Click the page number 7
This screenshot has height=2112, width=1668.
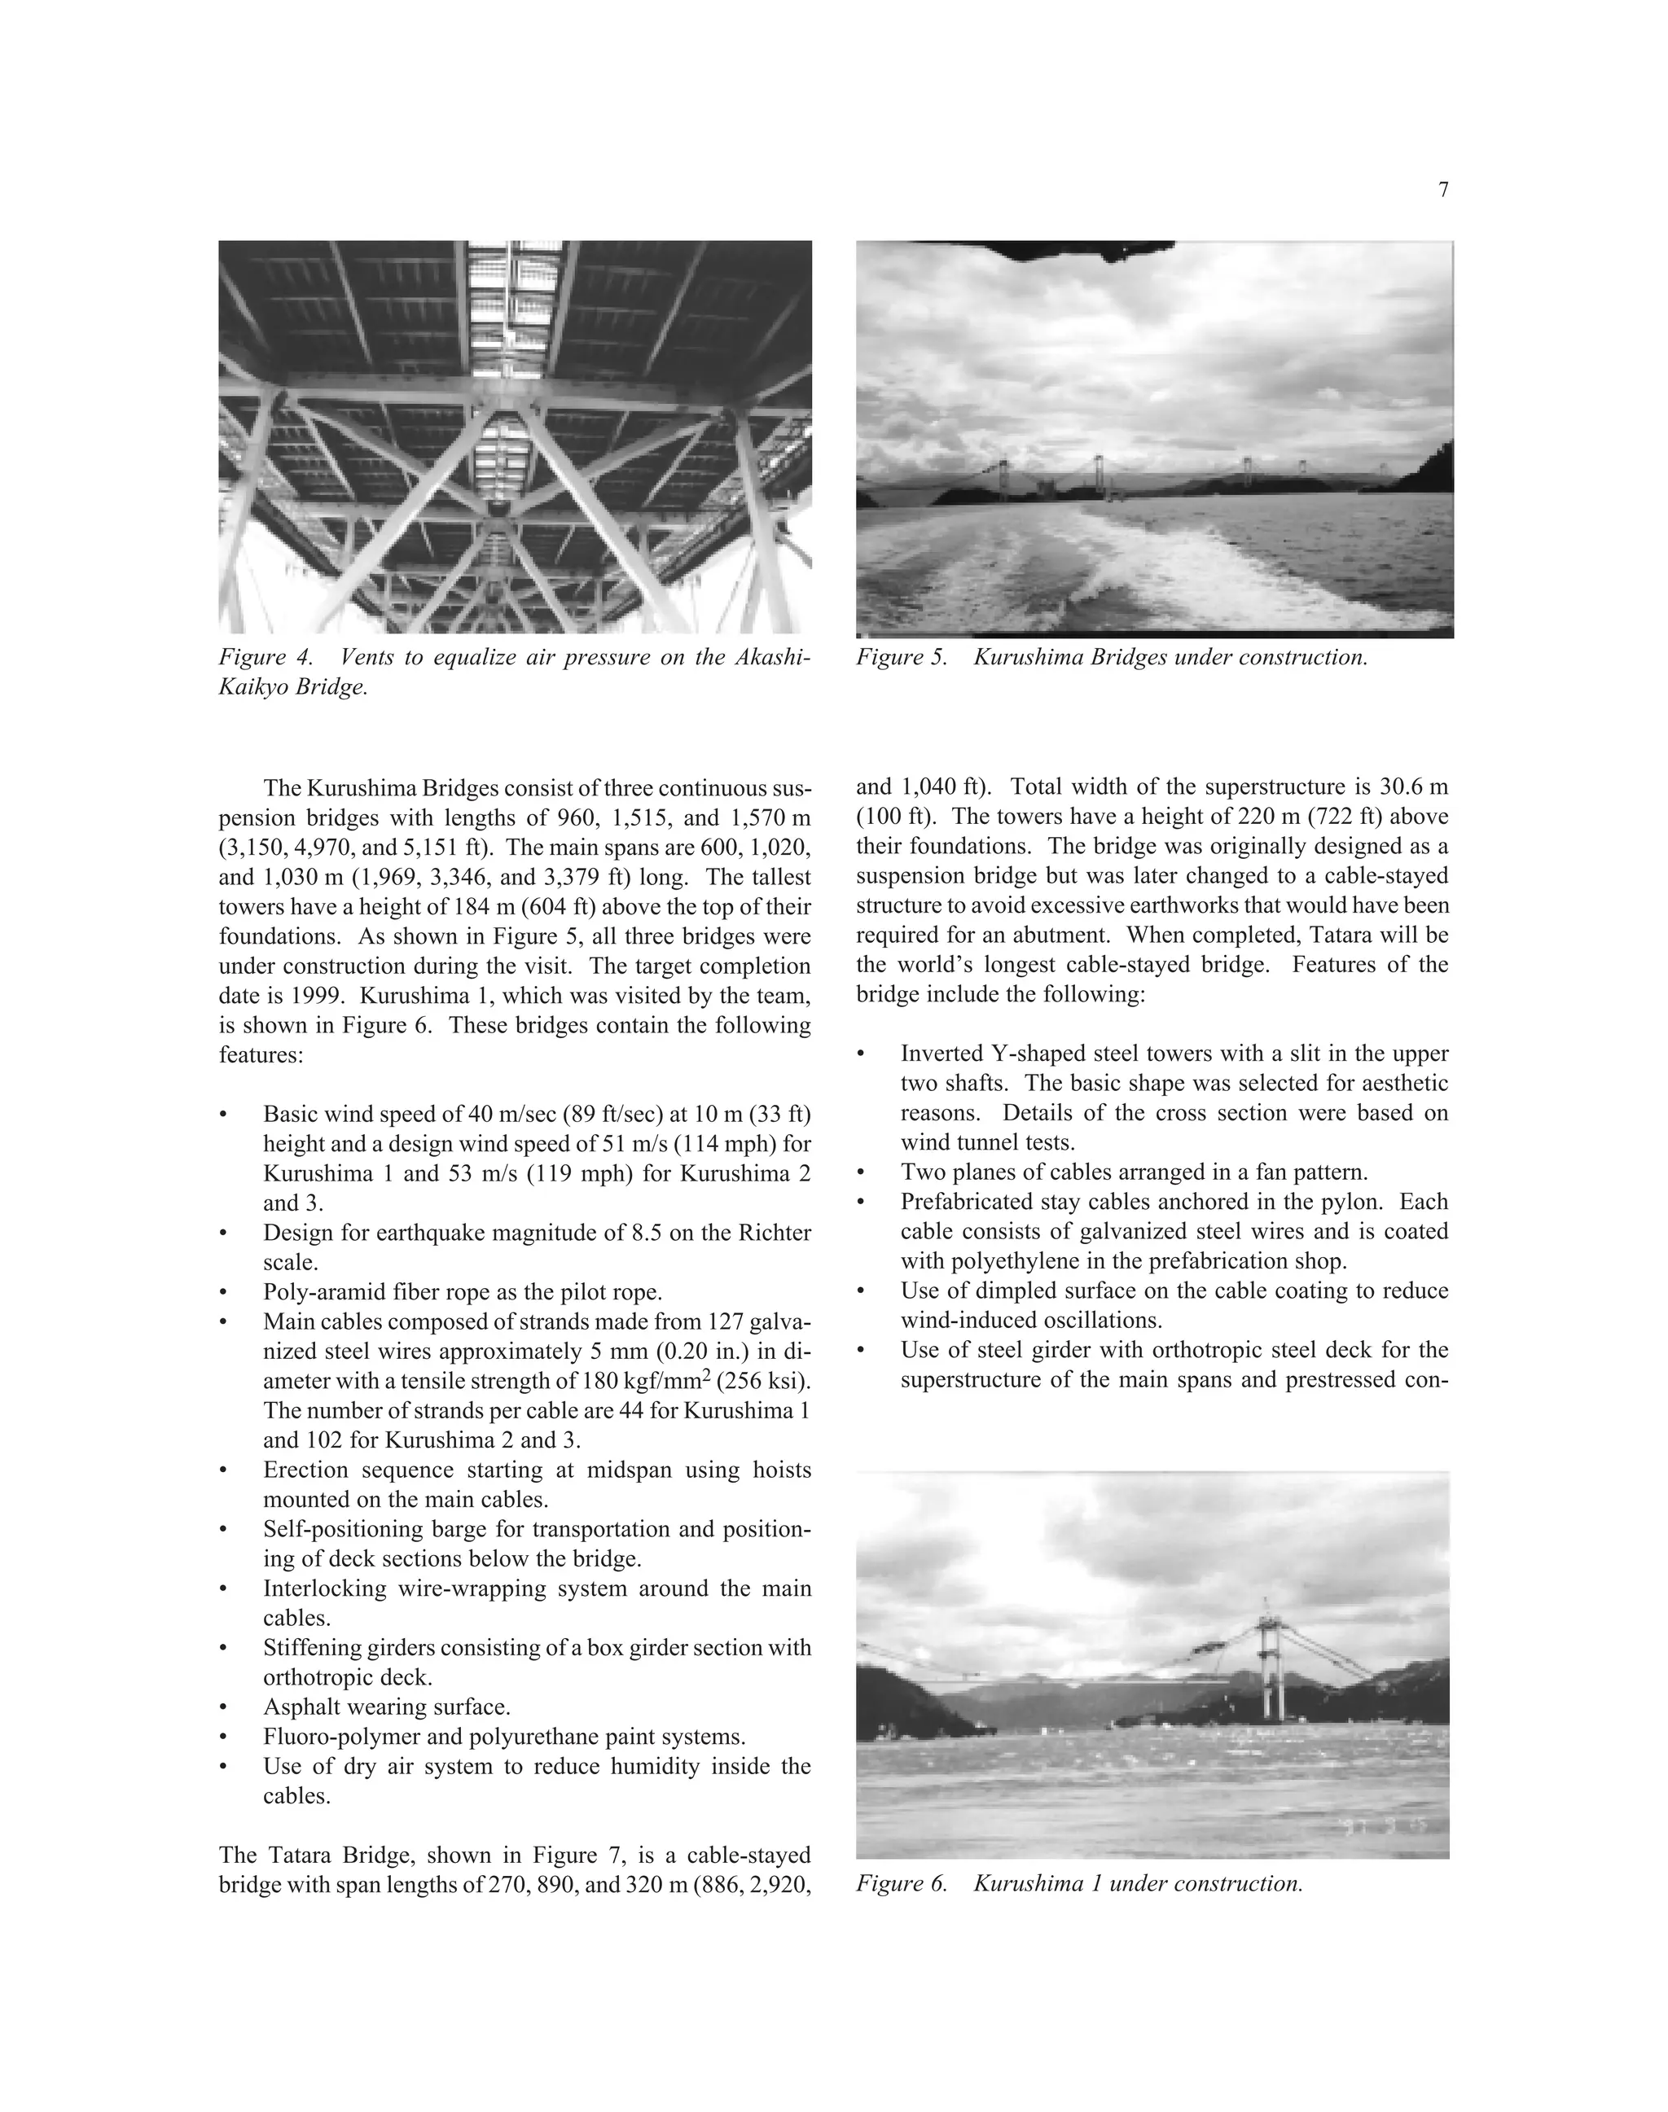(x=1443, y=191)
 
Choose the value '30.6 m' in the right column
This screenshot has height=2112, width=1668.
(x=1415, y=787)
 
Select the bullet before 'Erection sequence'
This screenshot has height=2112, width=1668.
(x=226, y=1471)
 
